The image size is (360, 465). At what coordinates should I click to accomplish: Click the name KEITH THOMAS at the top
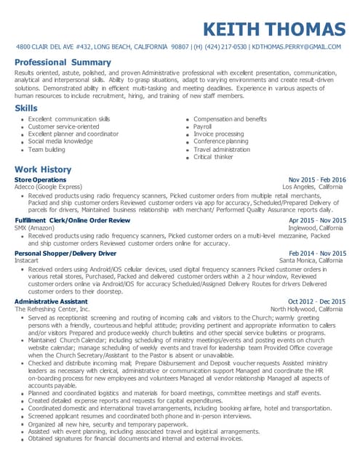(x=274, y=30)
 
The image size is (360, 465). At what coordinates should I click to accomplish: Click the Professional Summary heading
(x=63, y=62)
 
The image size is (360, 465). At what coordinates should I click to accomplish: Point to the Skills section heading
(x=27, y=108)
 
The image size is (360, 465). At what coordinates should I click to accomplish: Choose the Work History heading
(x=43, y=169)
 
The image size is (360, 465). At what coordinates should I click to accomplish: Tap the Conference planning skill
(x=220, y=142)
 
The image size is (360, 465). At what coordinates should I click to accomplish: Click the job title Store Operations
(x=40, y=179)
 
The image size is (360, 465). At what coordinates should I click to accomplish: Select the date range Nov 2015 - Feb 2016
(x=317, y=179)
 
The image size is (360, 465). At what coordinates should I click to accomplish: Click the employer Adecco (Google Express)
(x=48, y=187)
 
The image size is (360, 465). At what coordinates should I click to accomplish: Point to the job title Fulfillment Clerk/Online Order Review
(x=72, y=220)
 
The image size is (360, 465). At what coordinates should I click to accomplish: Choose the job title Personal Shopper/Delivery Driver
(x=65, y=253)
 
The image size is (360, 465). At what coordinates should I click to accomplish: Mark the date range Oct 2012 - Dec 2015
(x=317, y=302)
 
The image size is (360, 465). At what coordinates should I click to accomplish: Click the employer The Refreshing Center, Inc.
(x=52, y=309)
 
